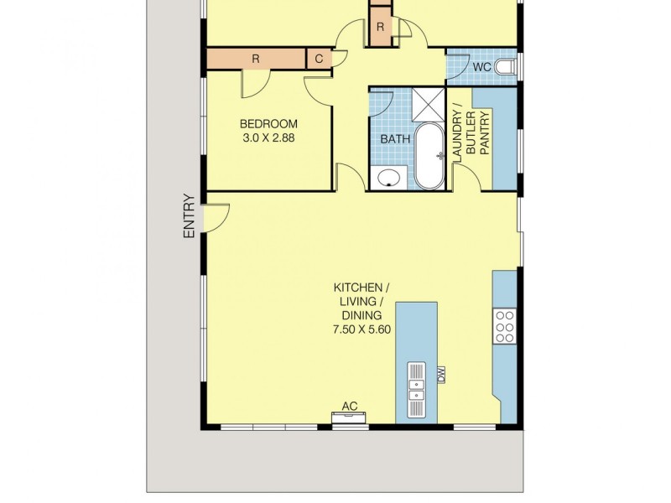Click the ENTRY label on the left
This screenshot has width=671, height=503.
coord(189,216)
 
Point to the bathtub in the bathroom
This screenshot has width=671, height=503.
coord(432,157)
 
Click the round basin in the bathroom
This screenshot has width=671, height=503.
coord(388,178)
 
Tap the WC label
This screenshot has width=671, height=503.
coord(481,65)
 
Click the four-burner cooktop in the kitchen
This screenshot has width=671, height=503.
coord(505,325)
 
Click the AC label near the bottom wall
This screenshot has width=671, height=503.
coord(350,407)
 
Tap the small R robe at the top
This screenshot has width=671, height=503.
coord(380,28)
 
